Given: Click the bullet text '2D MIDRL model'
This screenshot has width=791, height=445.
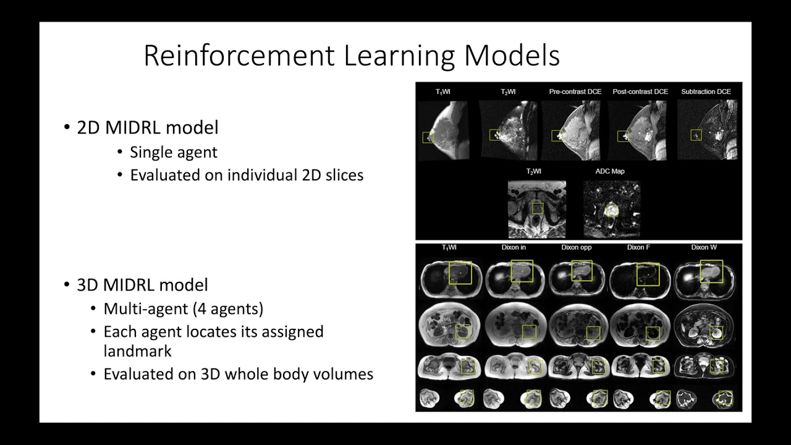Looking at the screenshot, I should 147,128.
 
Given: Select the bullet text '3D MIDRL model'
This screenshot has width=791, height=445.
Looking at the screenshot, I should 142,285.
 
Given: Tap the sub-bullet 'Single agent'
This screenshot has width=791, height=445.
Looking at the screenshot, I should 174,152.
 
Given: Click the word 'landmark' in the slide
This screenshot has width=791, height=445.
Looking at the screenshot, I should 137,351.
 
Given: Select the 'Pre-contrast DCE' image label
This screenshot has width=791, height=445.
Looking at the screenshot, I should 575,92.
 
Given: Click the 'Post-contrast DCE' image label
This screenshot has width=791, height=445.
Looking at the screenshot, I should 640,92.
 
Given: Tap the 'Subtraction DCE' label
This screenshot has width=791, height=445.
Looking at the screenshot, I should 706,92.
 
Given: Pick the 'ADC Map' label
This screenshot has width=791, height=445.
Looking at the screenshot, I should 609,171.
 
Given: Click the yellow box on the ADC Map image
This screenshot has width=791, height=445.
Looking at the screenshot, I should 611,210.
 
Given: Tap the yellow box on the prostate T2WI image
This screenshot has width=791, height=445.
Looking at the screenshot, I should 538,209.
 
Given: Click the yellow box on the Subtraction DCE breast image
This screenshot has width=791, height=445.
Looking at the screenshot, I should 696,134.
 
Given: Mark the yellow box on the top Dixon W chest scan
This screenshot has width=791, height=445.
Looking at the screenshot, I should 711,271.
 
